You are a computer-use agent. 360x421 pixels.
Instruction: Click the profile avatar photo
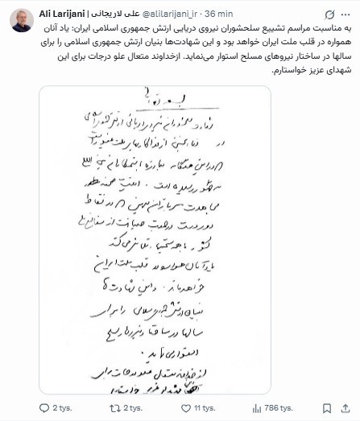click(x=19, y=21)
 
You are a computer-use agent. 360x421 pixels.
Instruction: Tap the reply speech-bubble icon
click(x=44, y=408)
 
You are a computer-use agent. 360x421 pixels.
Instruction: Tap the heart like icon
click(x=190, y=408)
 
